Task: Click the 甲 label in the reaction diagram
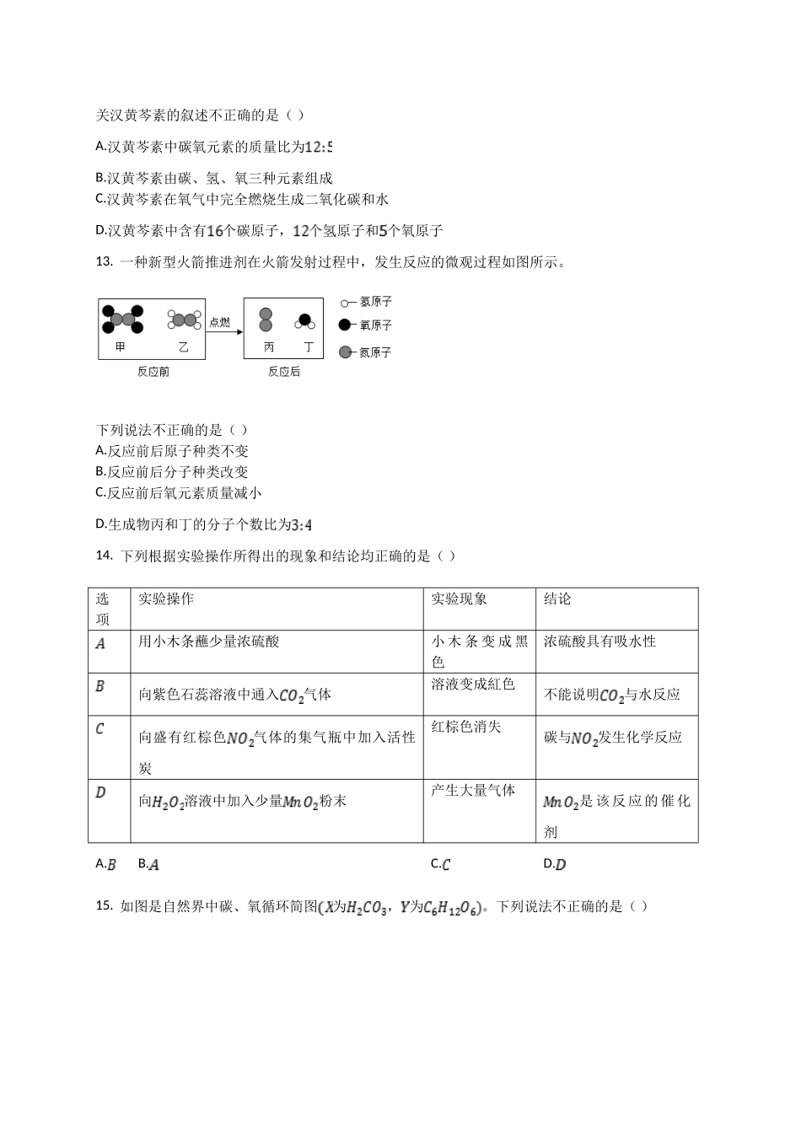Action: (121, 347)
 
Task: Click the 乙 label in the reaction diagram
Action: (183, 347)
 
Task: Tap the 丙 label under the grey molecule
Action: (268, 347)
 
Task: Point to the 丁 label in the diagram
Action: (309, 347)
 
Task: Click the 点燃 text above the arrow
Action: (219, 322)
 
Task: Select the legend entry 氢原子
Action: (375, 302)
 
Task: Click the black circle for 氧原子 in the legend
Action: (344, 325)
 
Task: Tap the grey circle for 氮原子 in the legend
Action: (344, 352)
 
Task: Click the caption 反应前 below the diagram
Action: (153, 372)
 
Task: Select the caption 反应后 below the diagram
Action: (284, 372)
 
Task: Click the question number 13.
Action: (104, 262)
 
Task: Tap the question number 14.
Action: (104, 556)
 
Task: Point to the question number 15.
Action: (104, 906)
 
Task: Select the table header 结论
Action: (557, 599)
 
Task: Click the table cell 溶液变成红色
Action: (473, 684)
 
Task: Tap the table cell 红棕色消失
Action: (466, 726)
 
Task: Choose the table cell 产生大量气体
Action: (473, 790)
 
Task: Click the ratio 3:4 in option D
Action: (301, 525)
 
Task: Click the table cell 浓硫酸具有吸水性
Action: (599, 641)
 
